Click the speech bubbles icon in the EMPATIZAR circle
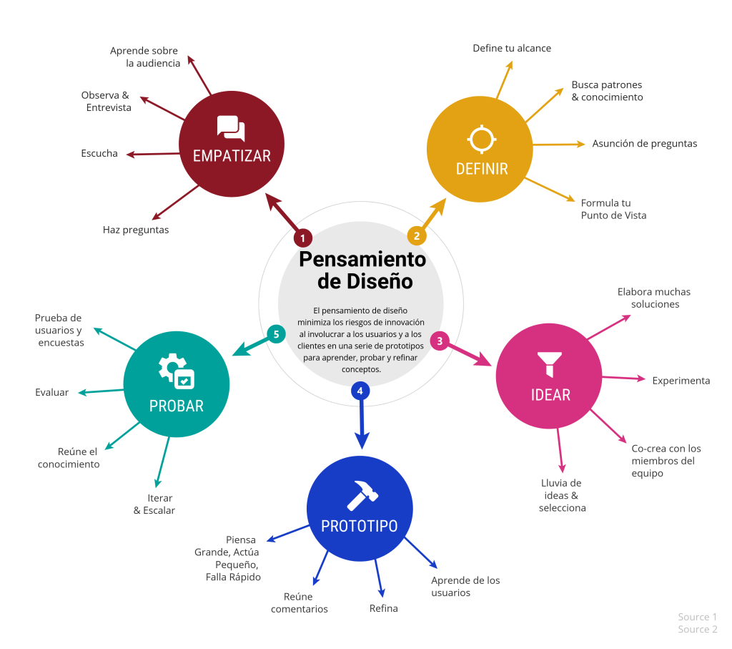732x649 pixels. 231,129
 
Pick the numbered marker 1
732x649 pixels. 302,238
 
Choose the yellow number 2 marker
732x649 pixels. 417,235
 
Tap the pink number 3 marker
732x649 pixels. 440,341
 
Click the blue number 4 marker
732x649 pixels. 360,391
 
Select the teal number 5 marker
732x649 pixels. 276,333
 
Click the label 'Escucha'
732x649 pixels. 99,153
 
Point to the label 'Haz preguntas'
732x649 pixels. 136,230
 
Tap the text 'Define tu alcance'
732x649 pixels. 512,48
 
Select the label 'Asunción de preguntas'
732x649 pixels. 644,143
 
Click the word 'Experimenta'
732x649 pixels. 681,381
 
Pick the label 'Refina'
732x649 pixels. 383,608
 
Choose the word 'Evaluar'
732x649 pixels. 52,392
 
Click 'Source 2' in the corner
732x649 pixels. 697,629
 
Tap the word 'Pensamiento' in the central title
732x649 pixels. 362,258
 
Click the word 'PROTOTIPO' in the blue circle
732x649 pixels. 359,526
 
